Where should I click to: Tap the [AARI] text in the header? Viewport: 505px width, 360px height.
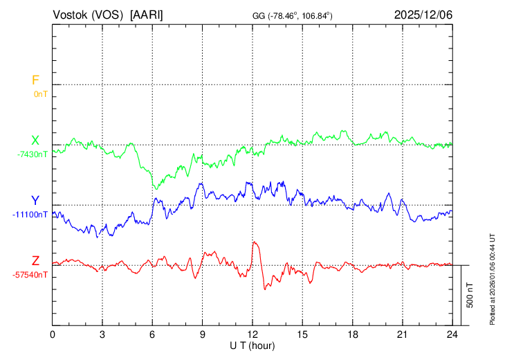[x=147, y=15]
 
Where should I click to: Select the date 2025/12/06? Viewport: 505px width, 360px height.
[x=423, y=15]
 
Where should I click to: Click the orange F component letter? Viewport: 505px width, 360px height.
[x=36, y=80]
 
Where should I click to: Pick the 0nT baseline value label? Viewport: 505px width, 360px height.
[x=40, y=93]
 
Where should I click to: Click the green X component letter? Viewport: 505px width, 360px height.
[x=35, y=141]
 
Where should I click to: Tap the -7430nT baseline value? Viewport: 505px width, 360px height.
[x=33, y=154]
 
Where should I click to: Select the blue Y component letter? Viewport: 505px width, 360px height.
[x=35, y=200]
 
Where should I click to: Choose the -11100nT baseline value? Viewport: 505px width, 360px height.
[x=30, y=215]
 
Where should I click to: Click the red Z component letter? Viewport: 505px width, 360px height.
[x=35, y=260]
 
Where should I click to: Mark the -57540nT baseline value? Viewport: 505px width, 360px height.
[x=30, y=275]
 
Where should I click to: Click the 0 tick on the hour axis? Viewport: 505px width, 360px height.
[x=53, y=334]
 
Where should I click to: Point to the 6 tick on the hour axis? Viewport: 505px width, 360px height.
[x=152, y=334]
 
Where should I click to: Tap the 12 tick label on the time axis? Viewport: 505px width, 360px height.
[x=252, y=334]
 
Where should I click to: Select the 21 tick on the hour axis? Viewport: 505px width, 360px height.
[x=402, y=334]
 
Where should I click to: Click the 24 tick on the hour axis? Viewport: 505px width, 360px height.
[x=452, y=334]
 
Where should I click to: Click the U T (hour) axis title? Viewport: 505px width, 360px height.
[x=252, y=345]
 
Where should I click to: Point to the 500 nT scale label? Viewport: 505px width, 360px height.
[x=470, y=295]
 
